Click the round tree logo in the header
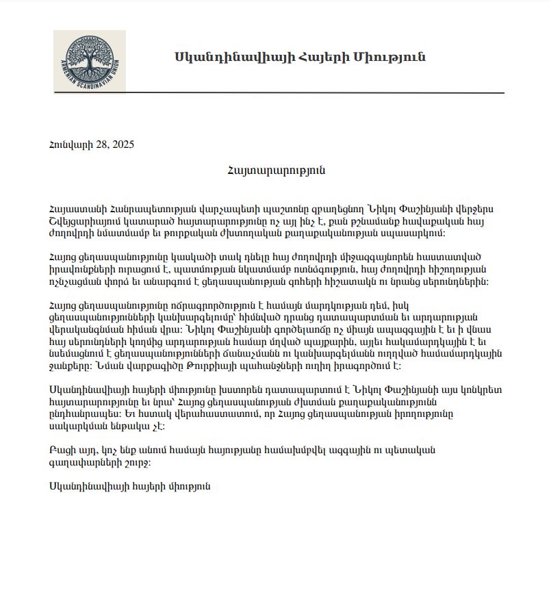point(89,62)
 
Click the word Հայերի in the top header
point(322,57)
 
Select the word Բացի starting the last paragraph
point(60,450)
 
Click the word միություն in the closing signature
point(185,486)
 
